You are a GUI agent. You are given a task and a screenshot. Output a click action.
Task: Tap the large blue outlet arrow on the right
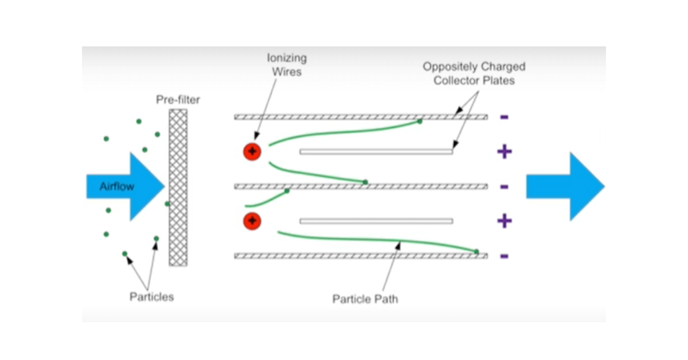[565, 187]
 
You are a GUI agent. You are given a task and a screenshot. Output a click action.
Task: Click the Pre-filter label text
[178, 100]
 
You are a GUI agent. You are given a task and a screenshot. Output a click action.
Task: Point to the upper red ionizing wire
[252, 152]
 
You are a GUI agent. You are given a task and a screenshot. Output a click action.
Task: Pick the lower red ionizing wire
[252, 221]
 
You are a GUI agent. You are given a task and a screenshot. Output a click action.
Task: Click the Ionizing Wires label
[287, 64]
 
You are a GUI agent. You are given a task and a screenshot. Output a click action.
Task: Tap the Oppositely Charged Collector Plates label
[474, 73]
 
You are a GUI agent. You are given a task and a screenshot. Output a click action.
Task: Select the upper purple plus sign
[504, 152]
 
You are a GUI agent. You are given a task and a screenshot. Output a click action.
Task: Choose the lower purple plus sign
[504, 221]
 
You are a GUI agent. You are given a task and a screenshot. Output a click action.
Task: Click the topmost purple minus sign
[504, 117]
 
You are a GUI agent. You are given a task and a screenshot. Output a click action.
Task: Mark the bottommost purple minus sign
[504, 256]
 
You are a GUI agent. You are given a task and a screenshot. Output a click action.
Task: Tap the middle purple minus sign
[504, 186]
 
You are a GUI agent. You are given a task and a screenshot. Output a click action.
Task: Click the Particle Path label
[365, 299]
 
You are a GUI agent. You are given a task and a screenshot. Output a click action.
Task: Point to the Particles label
[151, 296]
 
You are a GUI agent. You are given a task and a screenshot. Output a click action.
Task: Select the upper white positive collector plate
[376, 152]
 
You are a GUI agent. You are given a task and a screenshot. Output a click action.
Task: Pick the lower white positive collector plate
[376, 221]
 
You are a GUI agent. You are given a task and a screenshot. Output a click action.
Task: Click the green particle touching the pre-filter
[167, 204]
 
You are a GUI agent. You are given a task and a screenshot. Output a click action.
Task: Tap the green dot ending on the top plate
[420, 122]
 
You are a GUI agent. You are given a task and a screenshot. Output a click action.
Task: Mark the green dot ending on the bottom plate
[476, 252]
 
